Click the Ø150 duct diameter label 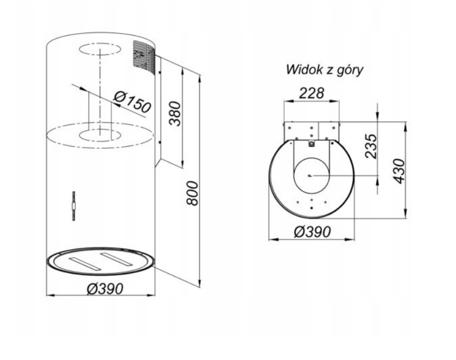point(132,102)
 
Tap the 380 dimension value point(175,113)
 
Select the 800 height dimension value point(193,193)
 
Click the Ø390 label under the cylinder point(105,289)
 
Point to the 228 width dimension point(312,93)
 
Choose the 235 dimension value point(371,146)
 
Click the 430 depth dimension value point(399,171)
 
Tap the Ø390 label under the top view point(312,232)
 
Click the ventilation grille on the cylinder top point(144,58)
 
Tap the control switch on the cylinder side point(74,206)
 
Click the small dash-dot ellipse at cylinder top point(100,49)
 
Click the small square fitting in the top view point(312,144)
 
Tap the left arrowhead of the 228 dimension point(287,101)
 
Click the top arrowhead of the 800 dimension point(200,79)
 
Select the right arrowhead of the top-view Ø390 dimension point(351,239)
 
